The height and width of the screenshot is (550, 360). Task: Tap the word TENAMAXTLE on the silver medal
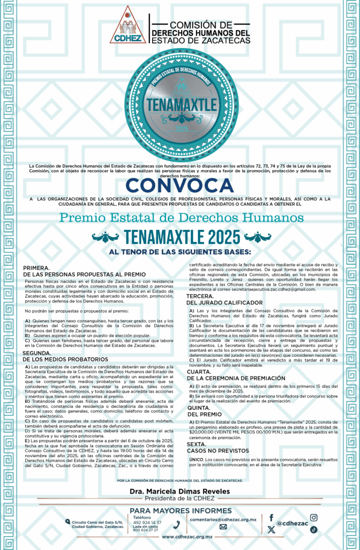pos(180,102)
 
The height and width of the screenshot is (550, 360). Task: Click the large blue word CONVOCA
pos(180,185)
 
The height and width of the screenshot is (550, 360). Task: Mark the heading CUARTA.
pos(199,371)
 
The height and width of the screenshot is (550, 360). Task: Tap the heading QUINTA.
pos(198,407)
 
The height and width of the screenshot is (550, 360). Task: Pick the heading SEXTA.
pos(196,444)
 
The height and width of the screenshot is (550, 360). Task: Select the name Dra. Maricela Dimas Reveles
pos(180,491)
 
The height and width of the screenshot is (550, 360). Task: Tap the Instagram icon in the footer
pos(314,517)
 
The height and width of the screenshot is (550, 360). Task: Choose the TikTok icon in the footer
pos(314,529)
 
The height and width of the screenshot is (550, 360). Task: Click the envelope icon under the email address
pos(223,527)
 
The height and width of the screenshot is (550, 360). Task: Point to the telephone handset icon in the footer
pos(177,525)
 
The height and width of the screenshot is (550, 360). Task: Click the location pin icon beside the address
pos(67,521)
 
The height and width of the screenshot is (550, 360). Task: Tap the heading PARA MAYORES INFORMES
pos(180,510)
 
